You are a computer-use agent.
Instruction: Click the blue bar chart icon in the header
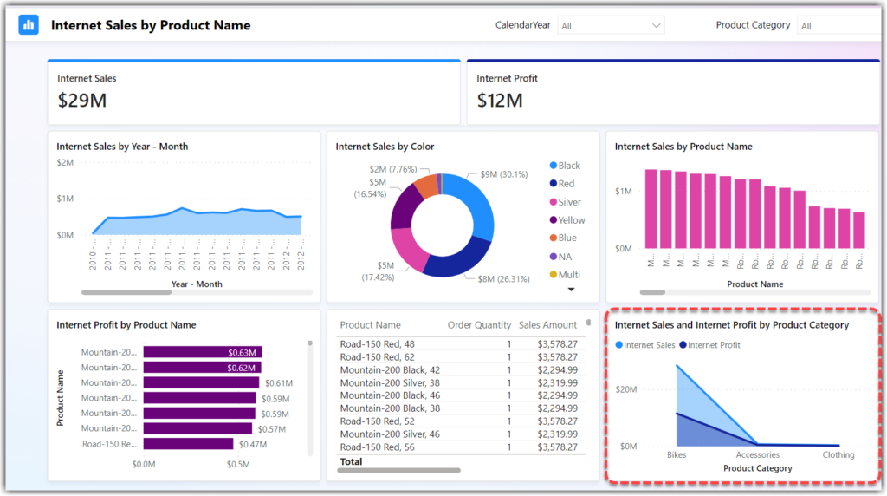click(29, 25)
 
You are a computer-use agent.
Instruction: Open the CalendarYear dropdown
click(612, 26)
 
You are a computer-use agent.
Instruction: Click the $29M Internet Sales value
click(82, 101)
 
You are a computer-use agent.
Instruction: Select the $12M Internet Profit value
click(500, 101)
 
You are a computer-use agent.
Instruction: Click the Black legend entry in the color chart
click(568, 166)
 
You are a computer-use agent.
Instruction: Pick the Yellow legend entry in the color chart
click(571, 220)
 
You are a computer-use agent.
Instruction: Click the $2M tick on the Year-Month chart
click(65, 162)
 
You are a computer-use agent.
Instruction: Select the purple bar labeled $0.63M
click(202, 352)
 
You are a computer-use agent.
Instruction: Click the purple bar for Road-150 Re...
click(188, 444)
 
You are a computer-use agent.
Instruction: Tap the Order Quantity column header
click(479, 325)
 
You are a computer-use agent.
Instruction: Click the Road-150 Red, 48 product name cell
click(377, 344)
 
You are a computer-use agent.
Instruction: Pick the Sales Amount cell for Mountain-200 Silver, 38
click(557, 382)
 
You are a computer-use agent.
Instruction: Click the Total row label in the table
click(352, 462)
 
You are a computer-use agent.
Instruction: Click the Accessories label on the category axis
click(757, 454)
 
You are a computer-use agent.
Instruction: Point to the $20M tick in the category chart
click(626, 389)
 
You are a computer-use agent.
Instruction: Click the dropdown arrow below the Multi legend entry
click(571, 290)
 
